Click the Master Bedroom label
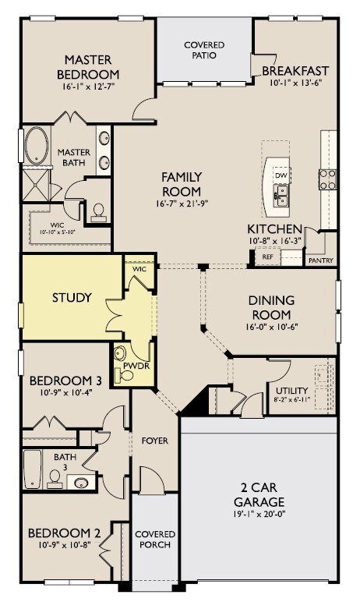pyautogui.click(x=88, y=67)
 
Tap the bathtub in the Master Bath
pyautogui.click(x=37, y=146)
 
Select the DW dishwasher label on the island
pyautogui.click(x=281, y=175)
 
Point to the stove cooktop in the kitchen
pyautogui.click(x=327, y=179)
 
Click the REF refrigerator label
pyautogui.click(x=268, y=257)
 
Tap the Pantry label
pyautogui.click(x=321, y=260)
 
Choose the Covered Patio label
pyautogui.click(x=204, y=50)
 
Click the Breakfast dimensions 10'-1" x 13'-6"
pyautogui.click(x=296, y=83)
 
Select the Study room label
pyautogui.click(x=72, y=298)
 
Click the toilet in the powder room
pyautogui.click(x=124, y=376)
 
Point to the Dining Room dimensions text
pyautogui.click(x=271, y=327)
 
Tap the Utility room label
pyautogui.click(x=291, y=391)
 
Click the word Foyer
pyautogui.click(x=155, y=441)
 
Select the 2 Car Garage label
pyautogui.click(x=259, y=494)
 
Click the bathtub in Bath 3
pyautogui.click(x=32, y=469)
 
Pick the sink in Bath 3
pyautogui.click(x=81, y=483)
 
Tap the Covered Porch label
pyautogui.click(x=155, y=540)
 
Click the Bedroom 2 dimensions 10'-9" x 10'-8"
pyautogui.click(x=65, y=545)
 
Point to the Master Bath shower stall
pyautogui.click(x=36, y=186)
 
